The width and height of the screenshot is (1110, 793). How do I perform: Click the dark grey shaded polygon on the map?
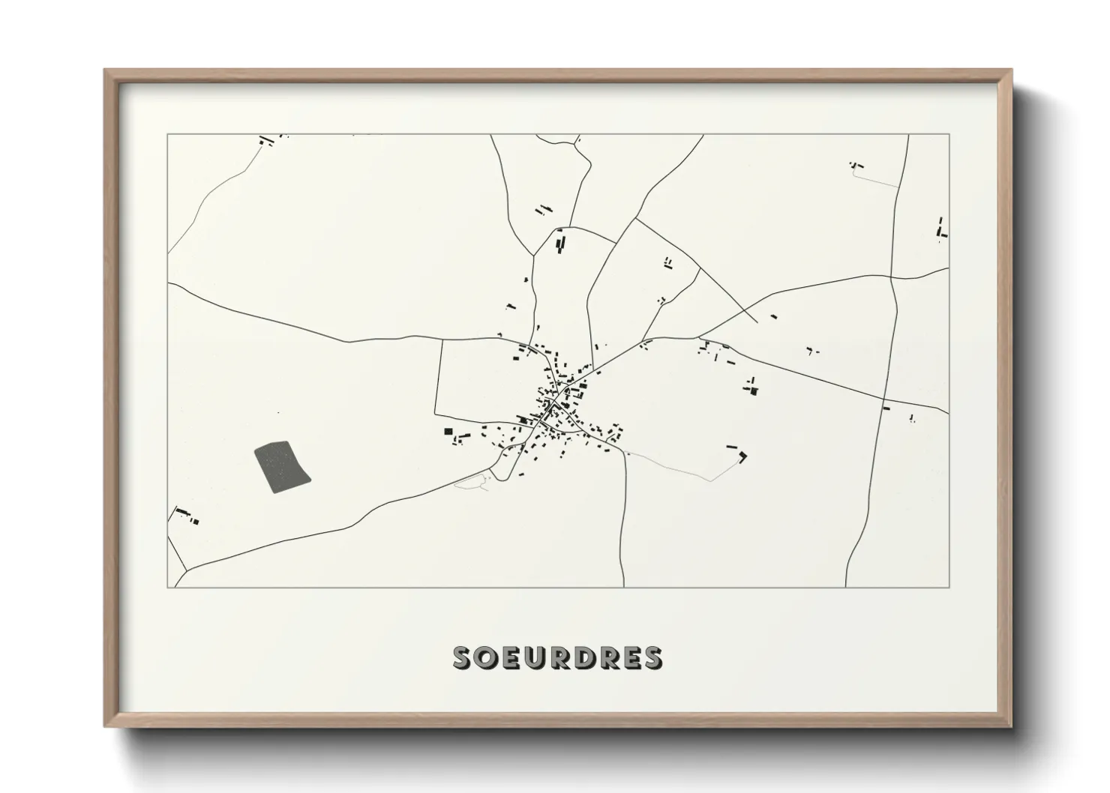283,466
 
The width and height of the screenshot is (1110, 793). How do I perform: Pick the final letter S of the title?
652,657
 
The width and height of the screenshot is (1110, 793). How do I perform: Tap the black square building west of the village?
448,431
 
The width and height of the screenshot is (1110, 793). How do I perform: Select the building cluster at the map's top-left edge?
265,139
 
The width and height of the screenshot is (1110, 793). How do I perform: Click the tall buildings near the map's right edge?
940,228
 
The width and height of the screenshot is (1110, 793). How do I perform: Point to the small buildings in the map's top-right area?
856,165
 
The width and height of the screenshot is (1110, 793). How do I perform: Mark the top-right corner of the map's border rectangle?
949,134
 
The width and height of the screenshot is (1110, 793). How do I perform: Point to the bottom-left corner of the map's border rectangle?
167,588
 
